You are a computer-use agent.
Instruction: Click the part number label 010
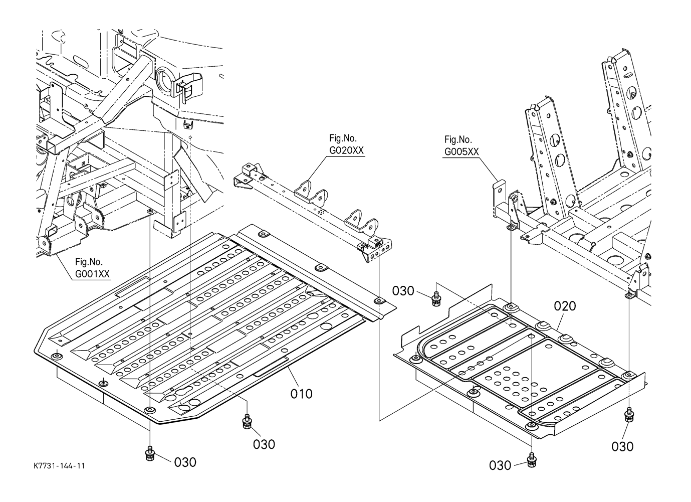301,394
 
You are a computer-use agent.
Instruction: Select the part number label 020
565,306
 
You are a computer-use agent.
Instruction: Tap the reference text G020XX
346,150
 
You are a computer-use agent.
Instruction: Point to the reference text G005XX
462,152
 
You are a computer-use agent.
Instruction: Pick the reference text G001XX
92,274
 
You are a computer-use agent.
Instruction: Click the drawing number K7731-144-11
59,466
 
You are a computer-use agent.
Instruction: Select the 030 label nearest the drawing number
185,462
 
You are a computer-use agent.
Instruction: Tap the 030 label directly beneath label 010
264,444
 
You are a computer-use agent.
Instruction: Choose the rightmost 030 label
622,447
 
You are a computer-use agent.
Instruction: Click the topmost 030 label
403,291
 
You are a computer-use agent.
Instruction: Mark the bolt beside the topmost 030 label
436,298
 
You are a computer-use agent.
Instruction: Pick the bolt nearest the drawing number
150,454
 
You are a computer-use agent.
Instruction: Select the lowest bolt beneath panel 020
531,461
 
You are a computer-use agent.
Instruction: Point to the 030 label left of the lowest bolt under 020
500,465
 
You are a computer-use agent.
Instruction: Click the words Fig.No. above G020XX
343,138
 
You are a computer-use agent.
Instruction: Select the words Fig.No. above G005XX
458,139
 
